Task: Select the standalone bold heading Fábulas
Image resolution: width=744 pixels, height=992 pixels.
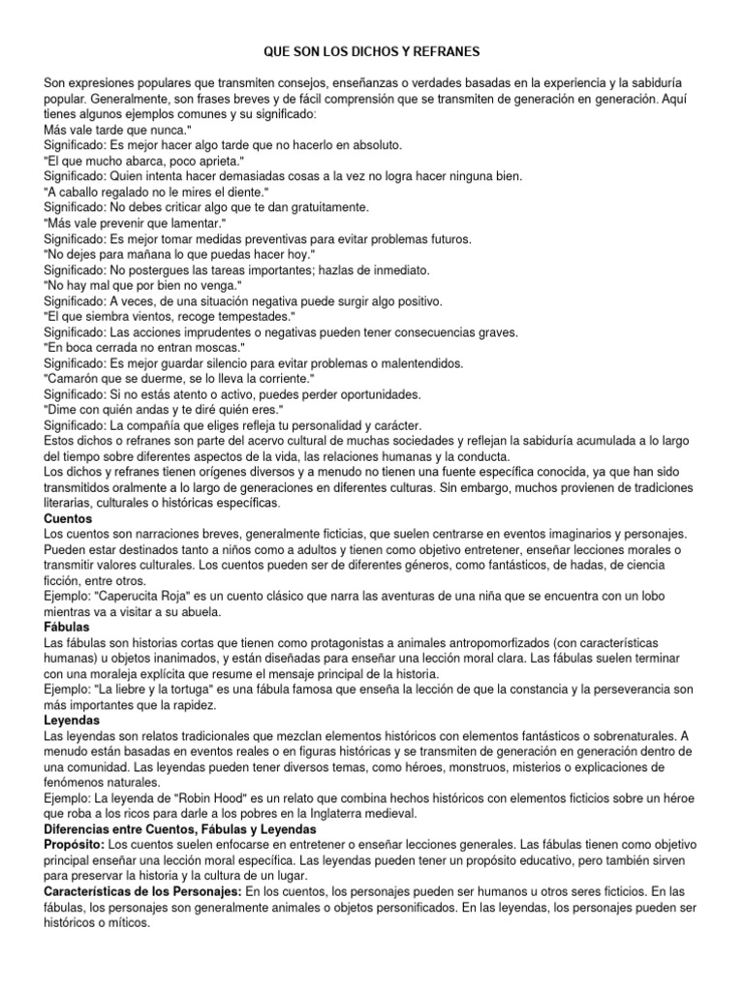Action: (x=68, y=627)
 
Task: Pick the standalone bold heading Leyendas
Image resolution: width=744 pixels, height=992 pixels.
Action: (x=72, y=721)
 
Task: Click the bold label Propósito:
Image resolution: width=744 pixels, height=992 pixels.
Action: (x=78, y=845)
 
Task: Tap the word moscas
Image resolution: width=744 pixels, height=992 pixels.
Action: (x=215, y=347)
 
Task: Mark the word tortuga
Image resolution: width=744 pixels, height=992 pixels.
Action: (x=188, y=690)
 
